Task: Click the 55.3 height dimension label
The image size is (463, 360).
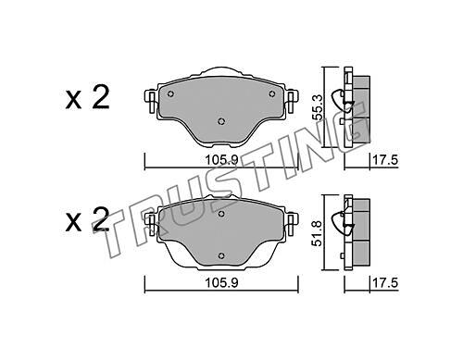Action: click(318, 107)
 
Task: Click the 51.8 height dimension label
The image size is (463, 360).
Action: click(318, 233)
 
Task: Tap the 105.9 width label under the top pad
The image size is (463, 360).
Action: click(221, 160)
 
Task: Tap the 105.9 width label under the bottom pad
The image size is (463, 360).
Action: click(221, 282)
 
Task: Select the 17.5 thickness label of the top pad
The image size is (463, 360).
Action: click(385, 160)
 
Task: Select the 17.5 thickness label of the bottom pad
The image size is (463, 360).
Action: click(385, 282)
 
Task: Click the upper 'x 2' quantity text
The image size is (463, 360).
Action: click(87, 97)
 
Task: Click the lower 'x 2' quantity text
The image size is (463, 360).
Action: click(87, 219)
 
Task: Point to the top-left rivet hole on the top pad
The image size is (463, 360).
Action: click(170, 94)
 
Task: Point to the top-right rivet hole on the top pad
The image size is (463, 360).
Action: click(272, 93)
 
